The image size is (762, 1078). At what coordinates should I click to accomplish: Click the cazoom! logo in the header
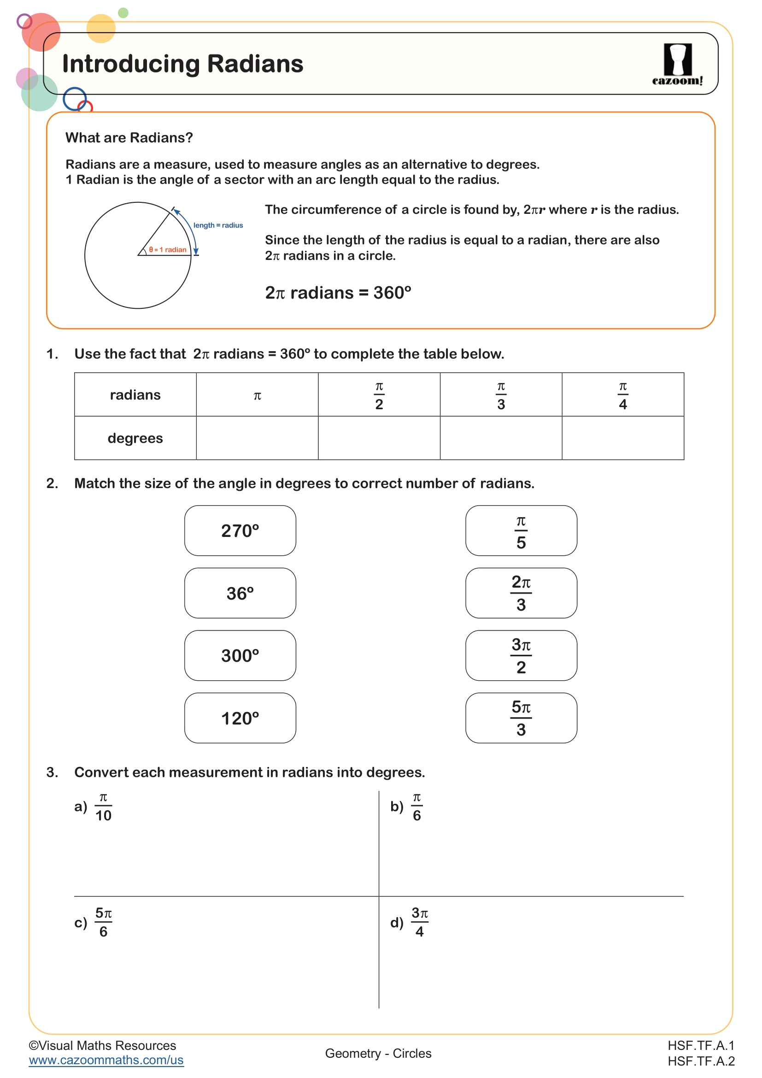(x=678, y=65)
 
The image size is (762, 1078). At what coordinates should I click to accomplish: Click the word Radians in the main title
(x=255, y=64)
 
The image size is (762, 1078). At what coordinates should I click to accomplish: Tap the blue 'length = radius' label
(x=218, y=225)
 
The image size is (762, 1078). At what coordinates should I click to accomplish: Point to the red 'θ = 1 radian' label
(x=168, y=250)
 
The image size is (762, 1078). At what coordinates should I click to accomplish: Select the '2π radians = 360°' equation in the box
(x=338, y=293)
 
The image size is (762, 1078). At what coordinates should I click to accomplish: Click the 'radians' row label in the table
(x=135, y=395)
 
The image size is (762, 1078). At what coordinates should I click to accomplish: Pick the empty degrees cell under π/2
(x=379, y=438)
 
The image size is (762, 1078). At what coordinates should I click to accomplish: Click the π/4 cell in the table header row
(x=623, y=395)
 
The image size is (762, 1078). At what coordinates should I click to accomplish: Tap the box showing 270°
(x=240, y=530)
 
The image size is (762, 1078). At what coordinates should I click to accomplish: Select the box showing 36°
(x=240, y=593)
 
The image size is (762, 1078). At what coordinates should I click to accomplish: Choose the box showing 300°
(x=240, y=655)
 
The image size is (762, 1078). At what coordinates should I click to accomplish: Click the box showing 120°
(x=240, y=718)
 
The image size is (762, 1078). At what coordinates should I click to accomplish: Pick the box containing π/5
(x=521, y=530)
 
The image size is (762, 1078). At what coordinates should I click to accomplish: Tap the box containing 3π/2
(x=521, y=655)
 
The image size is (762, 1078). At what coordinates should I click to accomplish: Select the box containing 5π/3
(x=521, y=718)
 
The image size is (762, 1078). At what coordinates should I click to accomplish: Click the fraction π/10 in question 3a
(x=103, y=807)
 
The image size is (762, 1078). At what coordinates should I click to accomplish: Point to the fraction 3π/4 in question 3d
(x=420, y=923)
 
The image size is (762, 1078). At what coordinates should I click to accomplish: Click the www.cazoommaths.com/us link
(x=106, y=1060)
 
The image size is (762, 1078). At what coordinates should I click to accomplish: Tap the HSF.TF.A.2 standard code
(x=701, y=1061)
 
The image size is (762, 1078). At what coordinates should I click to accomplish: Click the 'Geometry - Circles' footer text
(x=378, y=1053)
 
